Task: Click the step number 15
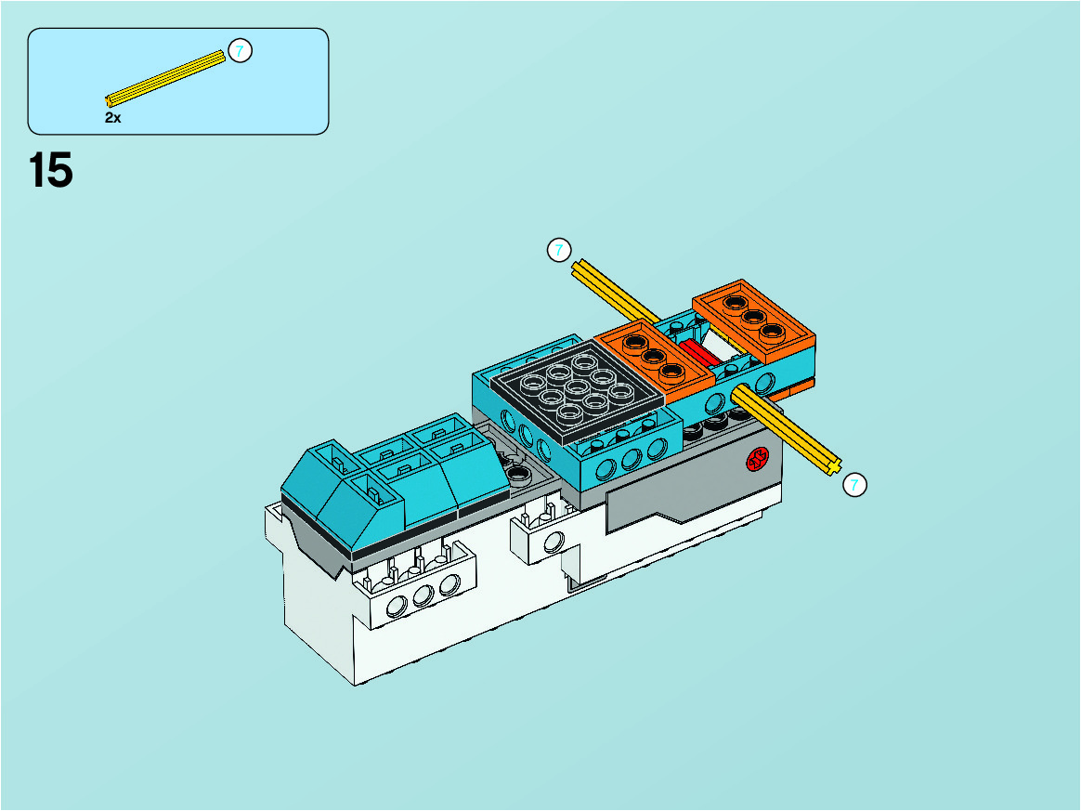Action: point(50,170)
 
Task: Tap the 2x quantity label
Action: point(113,118)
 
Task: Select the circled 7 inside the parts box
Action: point(240,51)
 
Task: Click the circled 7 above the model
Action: point(559,250)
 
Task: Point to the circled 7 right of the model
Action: point(855,485)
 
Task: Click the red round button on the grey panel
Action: point(758,459)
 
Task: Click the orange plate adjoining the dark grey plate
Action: point(654,360)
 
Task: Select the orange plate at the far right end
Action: point(754,320)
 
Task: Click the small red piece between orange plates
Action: point(697,354)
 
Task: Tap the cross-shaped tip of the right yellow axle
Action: point(833,467)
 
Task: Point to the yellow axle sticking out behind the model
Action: point(615,291)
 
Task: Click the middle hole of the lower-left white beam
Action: point(423,595)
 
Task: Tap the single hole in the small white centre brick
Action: point(554,542)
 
